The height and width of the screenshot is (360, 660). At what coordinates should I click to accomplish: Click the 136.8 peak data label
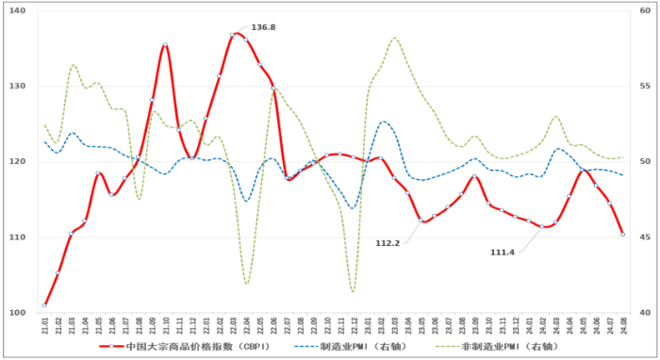pos(263,27)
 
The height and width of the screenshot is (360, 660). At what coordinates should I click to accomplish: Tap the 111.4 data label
pos(504,253)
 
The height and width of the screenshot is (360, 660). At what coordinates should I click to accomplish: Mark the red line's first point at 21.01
pos(44,305)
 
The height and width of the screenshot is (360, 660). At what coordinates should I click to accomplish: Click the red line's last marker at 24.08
pos(623,235)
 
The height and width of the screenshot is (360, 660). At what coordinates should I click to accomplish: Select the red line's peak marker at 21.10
pos(165,45)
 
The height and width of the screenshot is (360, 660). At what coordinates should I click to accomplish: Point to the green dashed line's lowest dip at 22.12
pos(353,291)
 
